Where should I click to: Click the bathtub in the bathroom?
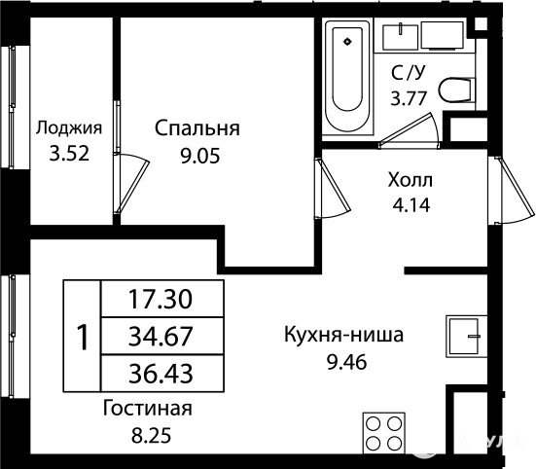coord(347,76)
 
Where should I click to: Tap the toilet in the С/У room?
coord(457,90)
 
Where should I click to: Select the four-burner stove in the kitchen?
coord(384,433)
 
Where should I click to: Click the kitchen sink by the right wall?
coord(466,337)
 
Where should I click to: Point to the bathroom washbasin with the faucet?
coord(400,37)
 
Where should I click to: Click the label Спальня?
coord(197,129)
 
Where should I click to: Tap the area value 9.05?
coord(200,157)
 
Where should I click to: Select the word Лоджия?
coord(69,129)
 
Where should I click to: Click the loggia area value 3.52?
coord(69,153)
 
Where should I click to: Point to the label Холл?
coord(411,180)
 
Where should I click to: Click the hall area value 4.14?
coord(411,205)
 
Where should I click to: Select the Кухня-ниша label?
coord(344,335)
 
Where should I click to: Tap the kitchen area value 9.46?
coord(347,362)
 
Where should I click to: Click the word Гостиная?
coord(148,409)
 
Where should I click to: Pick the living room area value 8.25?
coord(151,436)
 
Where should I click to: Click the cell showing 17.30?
coord(162,299)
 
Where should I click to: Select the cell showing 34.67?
coord(162,336)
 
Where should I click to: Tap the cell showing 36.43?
coord(162,374)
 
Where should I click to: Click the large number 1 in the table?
coord(83,337)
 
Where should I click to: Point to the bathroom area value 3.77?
coord(409,98)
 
